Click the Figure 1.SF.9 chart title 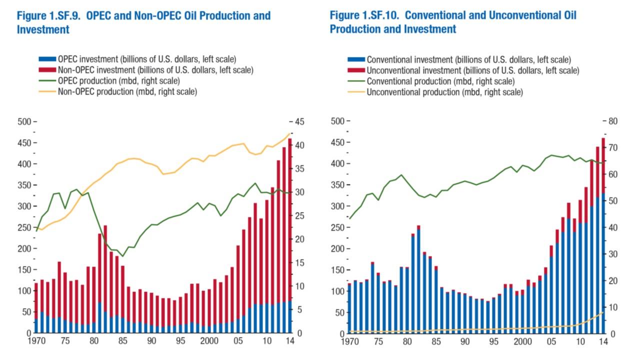[143, 22]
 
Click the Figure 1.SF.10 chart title [452, 22]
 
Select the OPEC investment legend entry [147, 59]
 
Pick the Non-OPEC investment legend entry [155, 70]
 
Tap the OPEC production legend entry [118, 80]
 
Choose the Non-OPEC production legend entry [127, 91]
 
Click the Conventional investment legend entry [468, 59]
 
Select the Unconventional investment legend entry [473, 70]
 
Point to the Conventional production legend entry [440, 81]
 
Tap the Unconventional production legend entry [444, 92]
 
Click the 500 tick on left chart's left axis [25, 121]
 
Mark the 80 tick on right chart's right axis [612, 121]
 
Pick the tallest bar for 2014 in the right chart [603, 235]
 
